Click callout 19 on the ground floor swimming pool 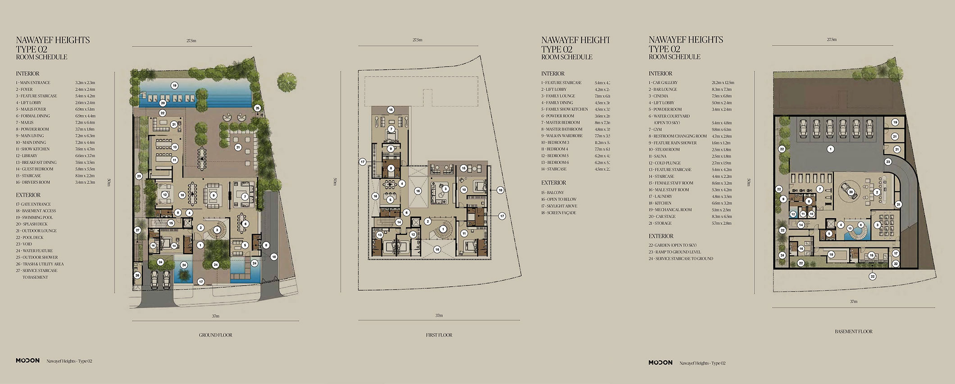click(174, 85)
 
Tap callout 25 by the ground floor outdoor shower click(257, 108)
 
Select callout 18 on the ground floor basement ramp click(273, 257)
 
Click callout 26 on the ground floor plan click(137, 275)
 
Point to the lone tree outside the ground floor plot click(286, 82)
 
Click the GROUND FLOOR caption click(215, 335)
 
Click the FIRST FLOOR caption click(439, 335)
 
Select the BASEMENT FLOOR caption click(853, 331)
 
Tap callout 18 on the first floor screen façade click(500, 190)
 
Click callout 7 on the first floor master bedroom click(391, 129)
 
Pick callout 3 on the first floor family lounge click(445, 189)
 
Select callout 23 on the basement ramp click(888, 161)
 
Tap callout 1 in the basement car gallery click(830, 149)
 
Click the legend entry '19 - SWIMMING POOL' click(35, 217)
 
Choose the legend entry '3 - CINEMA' click(659, 96)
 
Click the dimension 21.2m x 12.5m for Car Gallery click(723, 83)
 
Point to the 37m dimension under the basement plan click(853, 302)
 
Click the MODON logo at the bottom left click(27, 361)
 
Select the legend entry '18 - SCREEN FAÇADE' click(559, 213)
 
